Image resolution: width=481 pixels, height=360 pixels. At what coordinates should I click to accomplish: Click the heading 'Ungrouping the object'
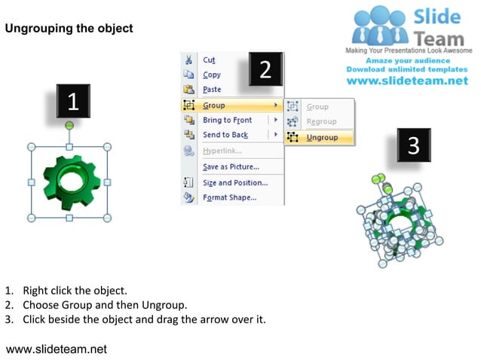coord(69,29)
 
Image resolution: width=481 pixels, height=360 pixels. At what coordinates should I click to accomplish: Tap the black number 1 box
coord(72,102)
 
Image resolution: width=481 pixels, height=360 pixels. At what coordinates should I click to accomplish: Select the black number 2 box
coord(265,70)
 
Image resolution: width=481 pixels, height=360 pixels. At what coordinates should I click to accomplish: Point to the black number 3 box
coord(414,145)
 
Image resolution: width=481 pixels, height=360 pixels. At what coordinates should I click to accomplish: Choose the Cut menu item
coord(209,60)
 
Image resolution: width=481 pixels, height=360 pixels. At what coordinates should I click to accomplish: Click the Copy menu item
coord(212,75)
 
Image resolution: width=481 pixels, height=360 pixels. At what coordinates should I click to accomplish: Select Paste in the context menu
coord(212,90)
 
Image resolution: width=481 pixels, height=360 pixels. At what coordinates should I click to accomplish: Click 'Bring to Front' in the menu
coord(227,121)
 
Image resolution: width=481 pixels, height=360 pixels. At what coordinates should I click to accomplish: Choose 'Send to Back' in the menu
coord(225,135)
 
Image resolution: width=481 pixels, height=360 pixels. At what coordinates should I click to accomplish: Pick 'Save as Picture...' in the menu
coord(231,166)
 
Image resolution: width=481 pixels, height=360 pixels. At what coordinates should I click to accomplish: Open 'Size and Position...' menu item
coord(234,182)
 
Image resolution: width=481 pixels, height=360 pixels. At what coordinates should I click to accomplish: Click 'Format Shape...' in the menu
coord(229,198)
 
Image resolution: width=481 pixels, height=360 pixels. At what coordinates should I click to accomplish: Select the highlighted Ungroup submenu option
coord(322,138)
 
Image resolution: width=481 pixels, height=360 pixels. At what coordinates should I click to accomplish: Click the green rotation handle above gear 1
coord(69,125)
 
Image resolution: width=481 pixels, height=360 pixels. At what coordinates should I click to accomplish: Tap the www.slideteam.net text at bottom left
coord(57,349)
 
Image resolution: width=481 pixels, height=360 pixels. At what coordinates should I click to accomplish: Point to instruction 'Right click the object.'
coord(75,290)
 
